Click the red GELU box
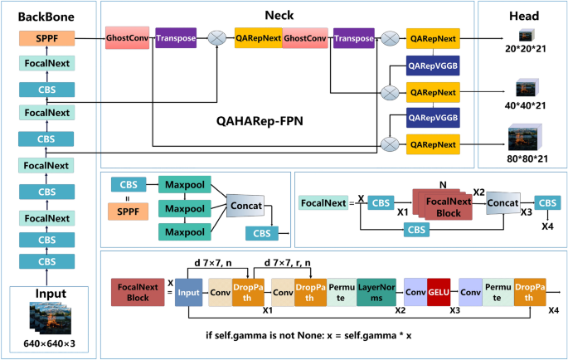438,293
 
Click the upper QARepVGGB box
432,65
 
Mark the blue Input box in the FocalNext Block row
190,293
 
